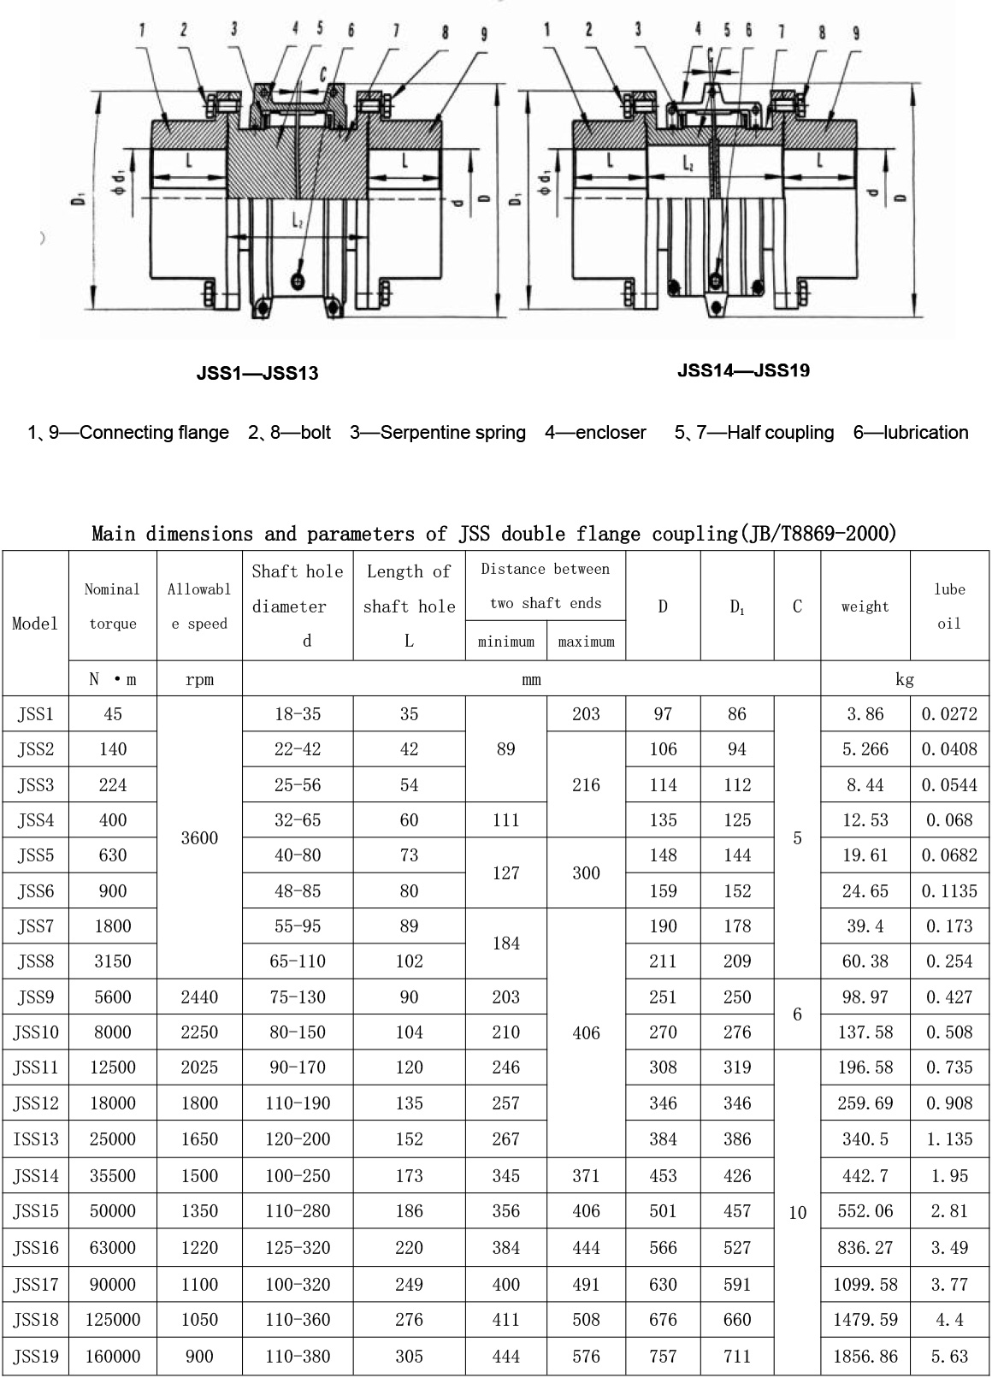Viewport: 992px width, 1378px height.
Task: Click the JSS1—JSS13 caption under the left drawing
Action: click(x=257, y=373)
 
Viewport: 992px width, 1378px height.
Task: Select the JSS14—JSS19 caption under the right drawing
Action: click(x=743, y=370)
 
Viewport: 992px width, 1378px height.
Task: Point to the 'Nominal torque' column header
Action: click(x=113, y=606)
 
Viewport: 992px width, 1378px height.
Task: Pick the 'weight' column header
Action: click(x=865, y=606)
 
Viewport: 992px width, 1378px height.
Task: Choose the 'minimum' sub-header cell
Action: click(x=505, y=642)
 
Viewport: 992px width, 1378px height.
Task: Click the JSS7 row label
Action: click(x=35, y=926)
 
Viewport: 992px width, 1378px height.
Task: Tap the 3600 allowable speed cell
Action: click(x=199, y=838)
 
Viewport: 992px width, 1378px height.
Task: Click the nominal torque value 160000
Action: click(x=113, y=1357)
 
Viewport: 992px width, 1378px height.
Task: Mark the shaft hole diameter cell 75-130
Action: click(x=298, y=997)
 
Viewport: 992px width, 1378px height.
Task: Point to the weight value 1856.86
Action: click(x=865, y=1357)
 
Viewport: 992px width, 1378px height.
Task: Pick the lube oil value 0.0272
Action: click(x=949, y=714)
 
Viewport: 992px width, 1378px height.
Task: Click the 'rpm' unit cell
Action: click(x=199, y=679)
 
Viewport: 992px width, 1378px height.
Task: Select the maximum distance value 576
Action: click(x=586, y=1357)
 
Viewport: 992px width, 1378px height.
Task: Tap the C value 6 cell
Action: click(x=797, y=1014)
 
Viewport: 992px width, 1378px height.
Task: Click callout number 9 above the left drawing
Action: click(x=484, y=34)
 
